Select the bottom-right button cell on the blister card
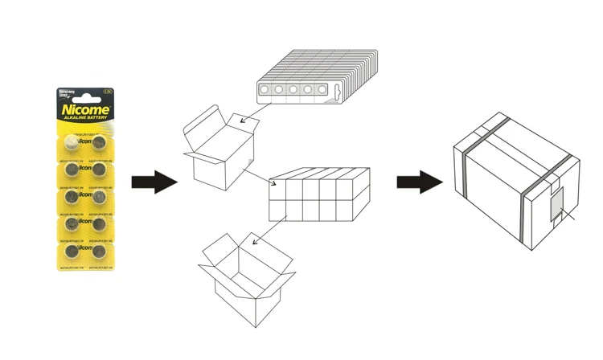99,252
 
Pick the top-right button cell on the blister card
99,143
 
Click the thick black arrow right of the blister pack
153,182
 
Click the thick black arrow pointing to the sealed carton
419,182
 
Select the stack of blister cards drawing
318,81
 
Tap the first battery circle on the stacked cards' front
265,90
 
